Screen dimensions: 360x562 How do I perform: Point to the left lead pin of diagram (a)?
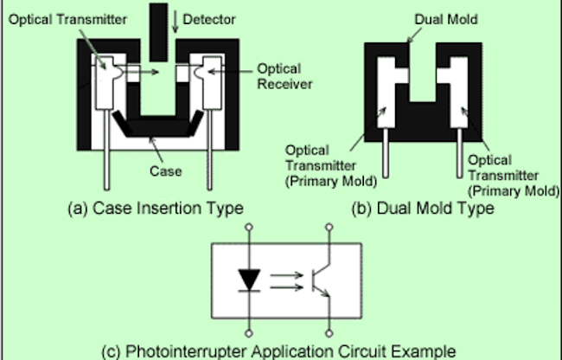108,160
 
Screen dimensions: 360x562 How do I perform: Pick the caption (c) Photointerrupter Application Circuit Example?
290,351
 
